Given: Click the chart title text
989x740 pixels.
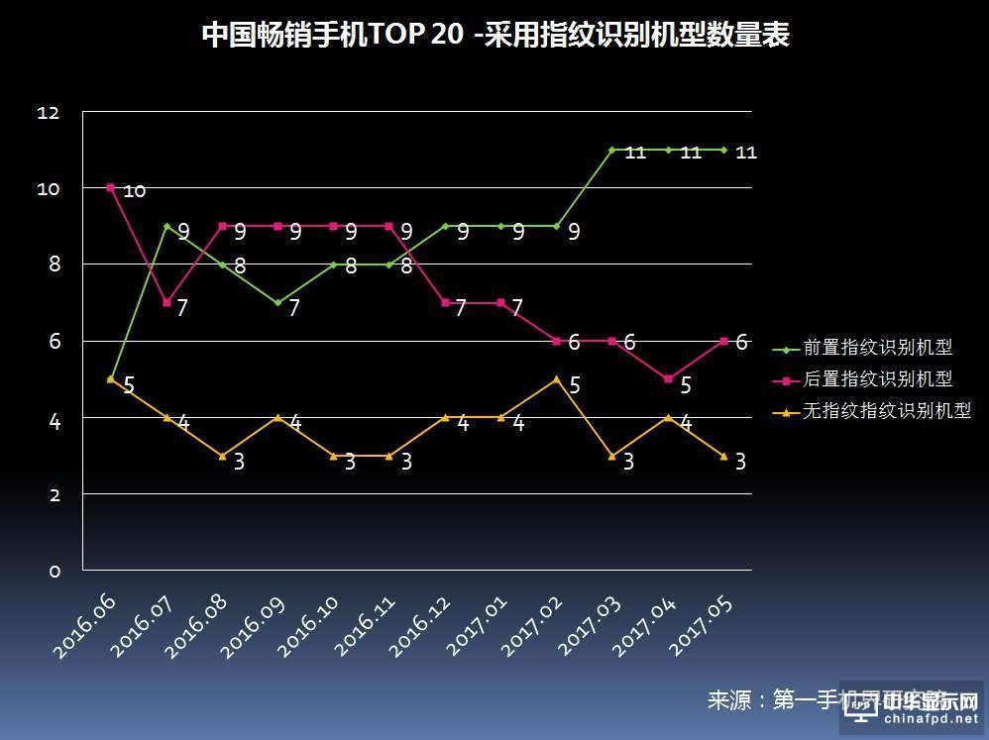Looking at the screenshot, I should click(495, 36).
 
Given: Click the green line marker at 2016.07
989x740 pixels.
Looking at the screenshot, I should click(166, 226).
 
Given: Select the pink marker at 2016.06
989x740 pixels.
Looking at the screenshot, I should click(110, 187).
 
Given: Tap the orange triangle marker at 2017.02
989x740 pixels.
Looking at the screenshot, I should click(557, 378).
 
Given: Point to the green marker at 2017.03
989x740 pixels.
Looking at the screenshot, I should click(612, 150).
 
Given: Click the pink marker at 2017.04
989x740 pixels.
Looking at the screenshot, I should click(668, 378).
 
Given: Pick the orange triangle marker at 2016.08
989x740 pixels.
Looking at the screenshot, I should click(222, 456).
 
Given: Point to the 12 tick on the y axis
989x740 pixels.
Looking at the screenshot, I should click(49, 114).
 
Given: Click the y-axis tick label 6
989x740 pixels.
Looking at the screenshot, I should click(55, 342).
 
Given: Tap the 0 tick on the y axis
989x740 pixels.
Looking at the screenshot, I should click(55, 572).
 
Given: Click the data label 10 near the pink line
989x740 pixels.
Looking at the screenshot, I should click(135, 191).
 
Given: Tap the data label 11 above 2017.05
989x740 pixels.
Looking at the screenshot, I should click(746, 153).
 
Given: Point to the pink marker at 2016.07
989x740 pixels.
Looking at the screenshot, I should click(166, 302).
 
